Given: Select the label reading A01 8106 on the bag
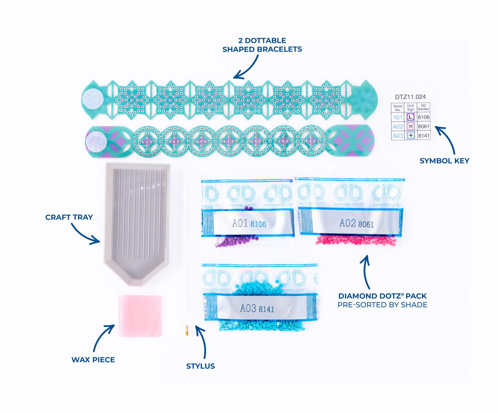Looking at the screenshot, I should [x=249, y=224].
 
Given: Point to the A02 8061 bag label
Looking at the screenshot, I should [x=356, y=223].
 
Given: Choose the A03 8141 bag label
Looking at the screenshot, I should [x=257, y=308].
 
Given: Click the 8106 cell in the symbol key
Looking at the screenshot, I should [x=424, y=117].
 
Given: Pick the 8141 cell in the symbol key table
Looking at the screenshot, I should [x=424, y=135].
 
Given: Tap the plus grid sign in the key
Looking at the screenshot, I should [x=411, y=135].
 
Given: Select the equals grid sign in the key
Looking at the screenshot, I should [x=411, y=126].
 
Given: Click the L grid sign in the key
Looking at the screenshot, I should [x=411, y=117].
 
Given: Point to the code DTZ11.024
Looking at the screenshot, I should [x=410, y=97].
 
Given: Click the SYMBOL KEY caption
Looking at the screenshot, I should [x=444, y=161].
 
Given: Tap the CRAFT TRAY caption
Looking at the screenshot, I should [x=69, y=217].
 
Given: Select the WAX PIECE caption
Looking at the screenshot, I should [x=93, y=360].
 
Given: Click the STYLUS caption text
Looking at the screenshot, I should [x=201, y=366].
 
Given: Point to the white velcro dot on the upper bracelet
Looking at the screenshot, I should [x=93, y=100].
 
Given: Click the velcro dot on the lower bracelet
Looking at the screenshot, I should [x=96, y=141].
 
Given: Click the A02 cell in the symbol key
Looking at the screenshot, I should [x=398, y=126].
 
